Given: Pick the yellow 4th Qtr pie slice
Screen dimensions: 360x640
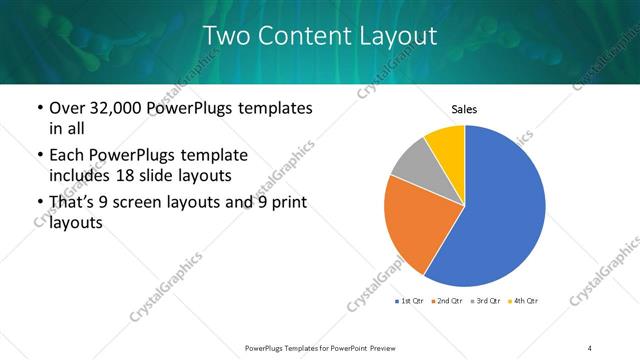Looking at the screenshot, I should pyautogui.click(x=447, y=148).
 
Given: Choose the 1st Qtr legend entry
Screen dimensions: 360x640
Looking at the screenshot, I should pyautogui.click(x=413, y=301).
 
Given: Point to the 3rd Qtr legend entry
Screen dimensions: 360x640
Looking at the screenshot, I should pyautogui.click(x=487, y=301).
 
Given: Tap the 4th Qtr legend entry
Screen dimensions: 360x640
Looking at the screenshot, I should pyautogui.click(x=524, y=301).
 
